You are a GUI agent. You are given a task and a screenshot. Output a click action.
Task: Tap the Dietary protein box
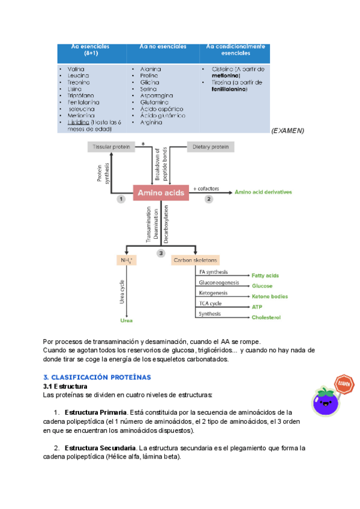[211, 146]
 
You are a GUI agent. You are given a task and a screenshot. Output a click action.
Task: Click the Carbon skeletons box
[196, 261]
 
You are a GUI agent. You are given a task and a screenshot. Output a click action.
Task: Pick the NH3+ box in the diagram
[127, 261]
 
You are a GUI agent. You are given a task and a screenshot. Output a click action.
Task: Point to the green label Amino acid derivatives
[263, 192]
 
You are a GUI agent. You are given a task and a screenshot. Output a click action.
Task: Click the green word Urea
[127, 321]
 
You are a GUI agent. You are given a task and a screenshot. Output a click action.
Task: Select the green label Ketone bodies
[269, 297]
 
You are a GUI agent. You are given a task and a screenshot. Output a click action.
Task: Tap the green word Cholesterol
[266, 317]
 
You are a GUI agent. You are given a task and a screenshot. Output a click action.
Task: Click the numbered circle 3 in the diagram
[161, 253]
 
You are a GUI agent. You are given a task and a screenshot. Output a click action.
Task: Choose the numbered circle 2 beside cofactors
[209, 198]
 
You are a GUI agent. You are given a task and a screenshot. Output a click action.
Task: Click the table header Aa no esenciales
[163, 47]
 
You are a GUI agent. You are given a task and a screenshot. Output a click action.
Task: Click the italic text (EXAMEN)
[287, 130]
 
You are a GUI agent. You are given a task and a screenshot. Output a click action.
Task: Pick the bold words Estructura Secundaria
[100, 448]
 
